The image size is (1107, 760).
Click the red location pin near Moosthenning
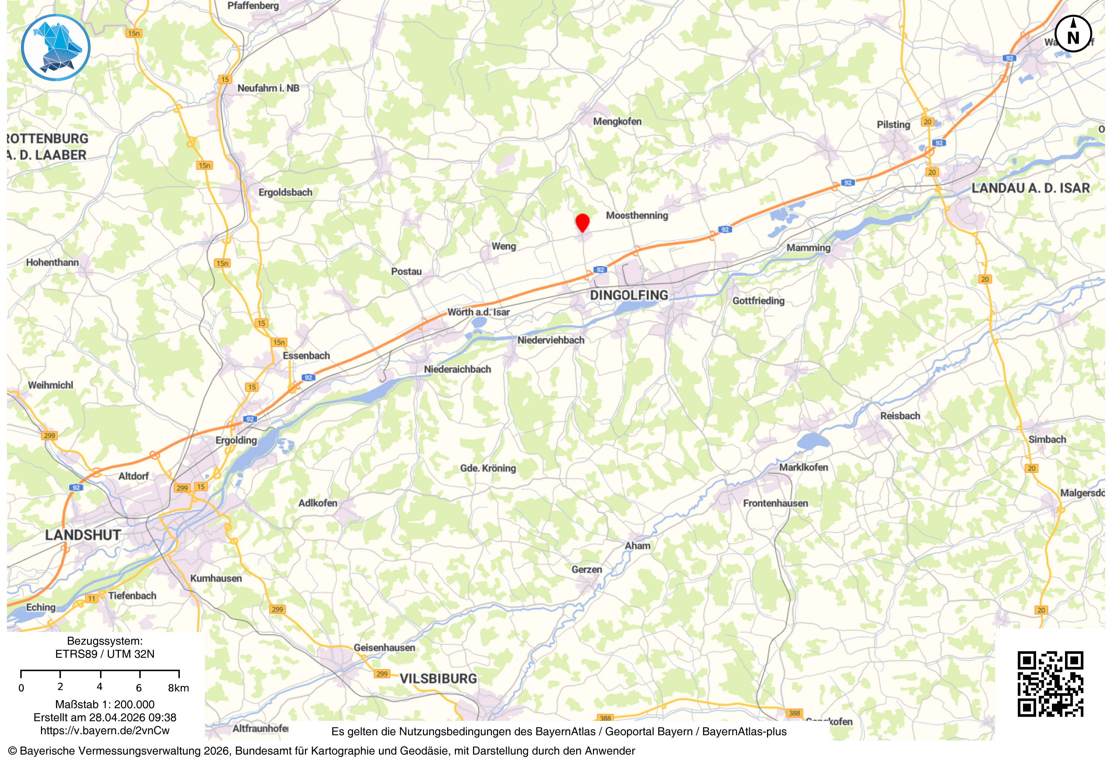point(582,222)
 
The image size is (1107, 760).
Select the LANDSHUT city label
point(83,535)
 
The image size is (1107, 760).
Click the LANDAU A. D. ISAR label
point(1030,188)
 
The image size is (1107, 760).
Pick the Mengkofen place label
point(617,122)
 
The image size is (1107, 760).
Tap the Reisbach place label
point(899,416)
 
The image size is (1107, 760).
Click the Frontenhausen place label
point(775,504)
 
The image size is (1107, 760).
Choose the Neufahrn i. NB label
point(268,88)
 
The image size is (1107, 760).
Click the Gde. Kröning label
point(488,468)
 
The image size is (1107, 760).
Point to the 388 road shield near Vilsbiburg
point(605,718)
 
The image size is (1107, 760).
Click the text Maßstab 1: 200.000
point(105,704)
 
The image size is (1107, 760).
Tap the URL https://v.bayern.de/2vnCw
point(105,730)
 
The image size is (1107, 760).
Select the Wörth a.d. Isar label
point(478,312)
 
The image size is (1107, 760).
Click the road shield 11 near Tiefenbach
point(91,598)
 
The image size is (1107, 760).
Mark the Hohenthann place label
point(52,262)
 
